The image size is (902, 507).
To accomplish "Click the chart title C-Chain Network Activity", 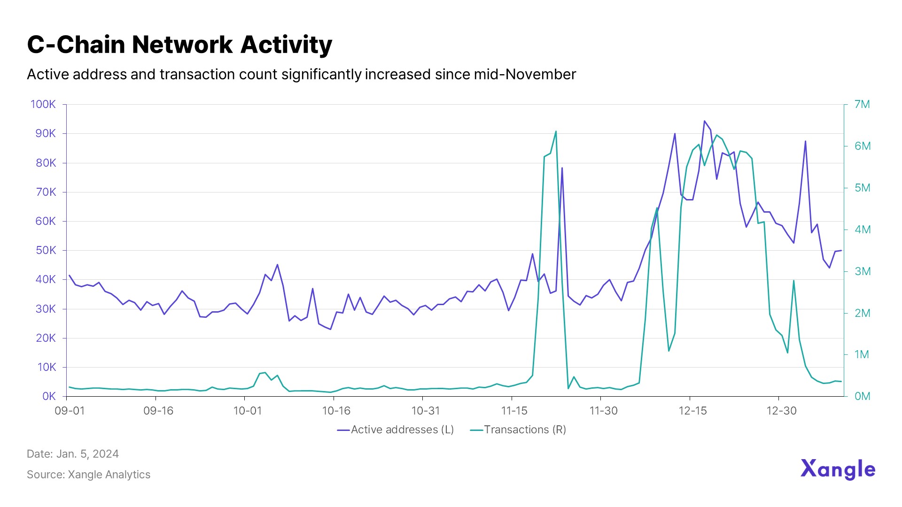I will (x=179, y=45).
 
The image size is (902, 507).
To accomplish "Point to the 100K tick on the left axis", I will (x=43, y=104).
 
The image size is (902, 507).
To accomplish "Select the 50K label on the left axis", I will (x=46, y=250).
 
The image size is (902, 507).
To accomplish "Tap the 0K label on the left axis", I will (x=49, y=396).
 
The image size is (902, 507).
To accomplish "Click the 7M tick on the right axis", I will (x=862, y=104).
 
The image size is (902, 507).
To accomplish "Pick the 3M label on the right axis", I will (x=863, y=271).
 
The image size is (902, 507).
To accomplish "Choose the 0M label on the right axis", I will (x=863, y=396).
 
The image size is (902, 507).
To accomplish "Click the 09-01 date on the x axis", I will (x=70, y=411).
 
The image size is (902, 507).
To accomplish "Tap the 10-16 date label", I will (x=336, y=411).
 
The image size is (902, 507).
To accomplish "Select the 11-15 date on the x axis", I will (x=514, y=411).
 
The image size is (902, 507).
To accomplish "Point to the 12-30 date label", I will (x=782, y=411).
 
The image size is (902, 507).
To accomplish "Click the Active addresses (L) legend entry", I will (x=396, y=430).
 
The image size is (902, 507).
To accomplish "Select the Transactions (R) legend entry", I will (x=518, y=430).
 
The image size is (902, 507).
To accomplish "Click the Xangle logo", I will (x=838, y=469).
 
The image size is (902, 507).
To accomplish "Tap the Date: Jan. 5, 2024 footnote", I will (x=73, y=454).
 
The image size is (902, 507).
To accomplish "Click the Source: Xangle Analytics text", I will (x=88, y=475).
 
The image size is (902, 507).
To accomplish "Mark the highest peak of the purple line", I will (x=704, y=121).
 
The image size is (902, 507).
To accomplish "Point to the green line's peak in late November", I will (x=556, y=131).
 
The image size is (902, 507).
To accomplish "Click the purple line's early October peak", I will (x=277, y=265).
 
